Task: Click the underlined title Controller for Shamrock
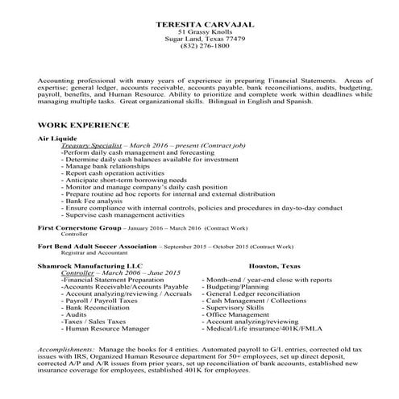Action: (78, 272)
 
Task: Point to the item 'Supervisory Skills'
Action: (239, 306)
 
